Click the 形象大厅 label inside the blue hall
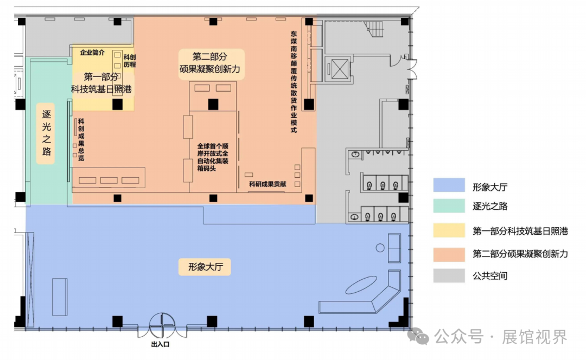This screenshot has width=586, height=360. click(x=206, y=267)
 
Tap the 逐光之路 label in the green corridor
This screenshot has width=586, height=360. click(x=46, y=133)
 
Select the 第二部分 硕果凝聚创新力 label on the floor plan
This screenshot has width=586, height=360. click(x=210, y=63)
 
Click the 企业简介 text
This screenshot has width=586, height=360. click(x=92, y=53)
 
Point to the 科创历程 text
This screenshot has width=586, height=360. click(x=130, y=61)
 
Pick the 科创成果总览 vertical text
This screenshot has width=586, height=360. click(x=81, y=139)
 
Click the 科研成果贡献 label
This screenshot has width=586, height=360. click(x=267, y=184)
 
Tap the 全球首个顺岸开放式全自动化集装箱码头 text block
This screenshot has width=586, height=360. click(x=213, y=157)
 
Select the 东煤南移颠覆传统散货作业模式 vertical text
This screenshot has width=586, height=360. click(x=294, y=82)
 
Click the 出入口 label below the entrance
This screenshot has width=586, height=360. click(x=160, y=344)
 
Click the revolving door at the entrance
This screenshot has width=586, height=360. click(x=162, y=325)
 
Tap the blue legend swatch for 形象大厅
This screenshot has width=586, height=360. click(x=449, y=185)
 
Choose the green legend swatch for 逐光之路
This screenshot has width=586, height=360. click(x=449, y=206)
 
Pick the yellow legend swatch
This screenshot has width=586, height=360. click(x=449, y=230)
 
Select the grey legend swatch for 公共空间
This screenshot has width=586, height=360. click(x=449, y=275)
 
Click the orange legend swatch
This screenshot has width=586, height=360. click(x=449, y=254)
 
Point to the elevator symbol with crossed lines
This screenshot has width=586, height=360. click(x=340, y=69)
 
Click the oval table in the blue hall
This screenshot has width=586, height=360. click(x=361, y=285)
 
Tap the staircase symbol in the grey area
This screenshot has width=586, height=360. click(x=374, y=29)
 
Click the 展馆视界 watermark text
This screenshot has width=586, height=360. click(x=534, y=337)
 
